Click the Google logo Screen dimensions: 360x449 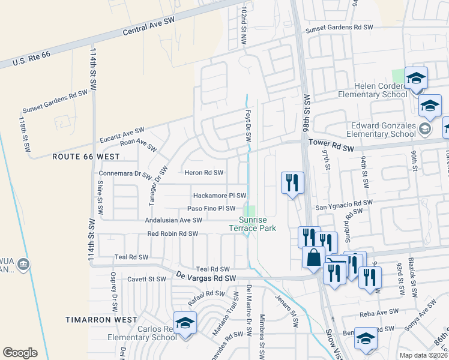20,352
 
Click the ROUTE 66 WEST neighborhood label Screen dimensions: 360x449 86,156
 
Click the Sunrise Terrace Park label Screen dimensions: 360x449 253,224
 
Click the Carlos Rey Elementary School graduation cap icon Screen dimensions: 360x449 185,323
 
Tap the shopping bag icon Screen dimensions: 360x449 314,257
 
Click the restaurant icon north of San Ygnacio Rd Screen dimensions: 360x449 292,182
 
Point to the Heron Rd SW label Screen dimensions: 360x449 204,173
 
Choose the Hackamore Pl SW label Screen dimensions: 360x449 220,196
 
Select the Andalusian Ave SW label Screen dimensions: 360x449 173,220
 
